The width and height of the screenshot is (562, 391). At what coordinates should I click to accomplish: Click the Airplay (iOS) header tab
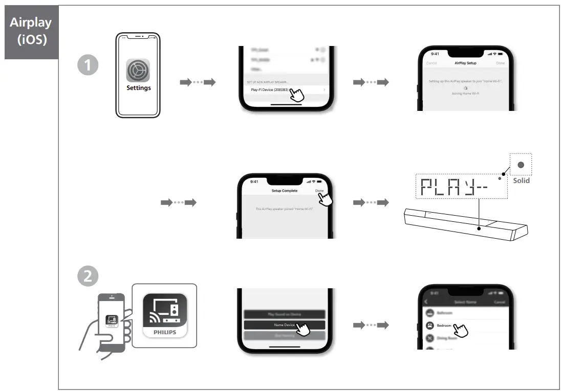click(31, 32)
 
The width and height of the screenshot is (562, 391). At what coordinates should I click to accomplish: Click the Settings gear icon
click(138, 70)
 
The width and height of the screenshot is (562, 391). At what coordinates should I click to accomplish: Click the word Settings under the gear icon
click(139, 88)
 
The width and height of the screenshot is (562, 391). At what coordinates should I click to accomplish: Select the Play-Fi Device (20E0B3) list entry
click(270, 90)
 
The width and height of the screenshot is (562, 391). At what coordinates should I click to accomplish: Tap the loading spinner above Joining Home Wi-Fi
click(465, 88)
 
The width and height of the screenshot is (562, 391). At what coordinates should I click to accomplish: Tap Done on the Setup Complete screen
click(319, 191)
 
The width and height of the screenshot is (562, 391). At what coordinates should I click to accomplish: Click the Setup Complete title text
click(284, 191)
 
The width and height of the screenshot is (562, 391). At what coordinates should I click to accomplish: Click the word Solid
click(521, 180)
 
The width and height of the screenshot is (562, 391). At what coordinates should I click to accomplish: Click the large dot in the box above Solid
click(521, 165)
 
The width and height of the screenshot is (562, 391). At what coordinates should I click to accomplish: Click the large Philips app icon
click(165, 315)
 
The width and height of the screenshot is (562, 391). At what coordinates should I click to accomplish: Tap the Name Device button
click(284, 325)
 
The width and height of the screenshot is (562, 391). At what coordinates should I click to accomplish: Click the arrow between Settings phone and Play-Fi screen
click(198, 82)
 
